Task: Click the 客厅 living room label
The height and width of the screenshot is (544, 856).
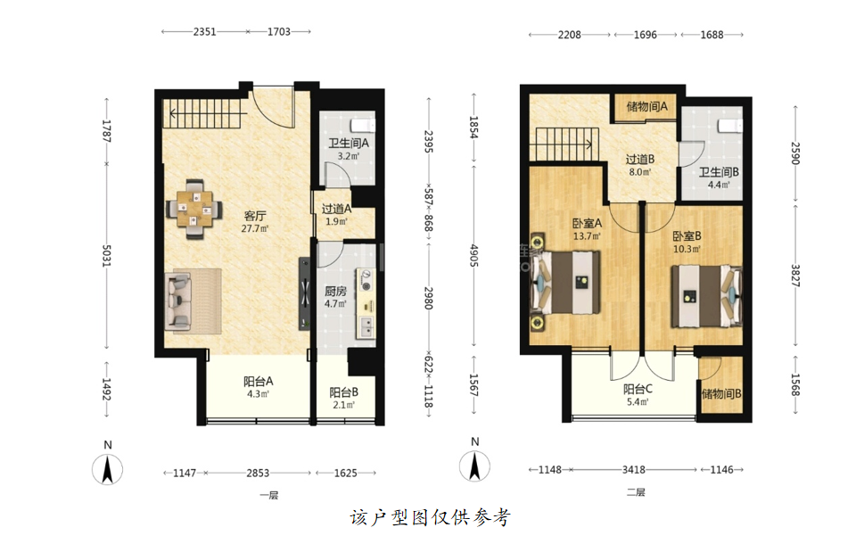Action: [x=255, y=216]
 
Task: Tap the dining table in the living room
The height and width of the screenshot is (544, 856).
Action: [x=193, y=210]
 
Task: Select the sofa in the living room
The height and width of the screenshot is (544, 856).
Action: [x=179, y=301]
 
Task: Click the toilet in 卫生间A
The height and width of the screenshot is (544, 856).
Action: [x=363, y=125]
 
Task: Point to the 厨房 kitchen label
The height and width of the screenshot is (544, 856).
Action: [x=335, y=291]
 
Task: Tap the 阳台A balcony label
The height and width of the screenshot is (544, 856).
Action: [x=259, y=381]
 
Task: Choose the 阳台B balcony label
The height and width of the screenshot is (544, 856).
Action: [x=344, y=392]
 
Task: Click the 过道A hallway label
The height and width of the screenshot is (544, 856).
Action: [x=336, y=209]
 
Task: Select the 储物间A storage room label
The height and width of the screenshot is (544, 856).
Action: [x=646, y=106]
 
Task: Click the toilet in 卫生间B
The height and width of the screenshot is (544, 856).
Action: [x=730, y=126]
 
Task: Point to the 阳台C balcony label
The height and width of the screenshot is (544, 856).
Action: [x=638, y=389]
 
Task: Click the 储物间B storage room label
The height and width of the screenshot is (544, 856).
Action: [x=721, y=394]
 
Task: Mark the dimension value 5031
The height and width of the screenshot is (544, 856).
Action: [x=107, y=256]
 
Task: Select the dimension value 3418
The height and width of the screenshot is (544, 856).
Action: [x=634, y=470]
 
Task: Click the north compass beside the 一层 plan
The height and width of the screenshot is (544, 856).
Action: [x=108, y=469]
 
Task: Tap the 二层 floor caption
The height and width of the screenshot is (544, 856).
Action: [x=636, y=492]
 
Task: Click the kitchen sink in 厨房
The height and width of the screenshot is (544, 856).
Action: [x=366, y=326]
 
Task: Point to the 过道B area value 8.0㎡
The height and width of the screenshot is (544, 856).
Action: [x=640, y=172]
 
